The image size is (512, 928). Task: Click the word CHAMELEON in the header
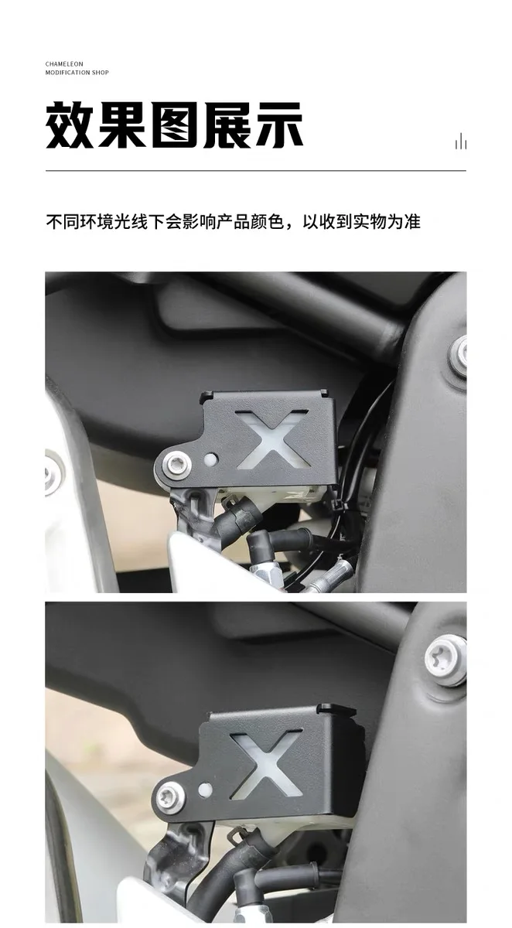(64, 63)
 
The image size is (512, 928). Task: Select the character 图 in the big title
(174, 125)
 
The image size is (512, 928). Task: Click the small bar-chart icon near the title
(461, 142)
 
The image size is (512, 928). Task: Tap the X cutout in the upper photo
(273, 439)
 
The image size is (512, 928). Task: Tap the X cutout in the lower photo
(265, 764)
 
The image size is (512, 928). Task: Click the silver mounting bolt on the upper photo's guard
(177, 466)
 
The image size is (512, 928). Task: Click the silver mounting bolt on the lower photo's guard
(171, 798)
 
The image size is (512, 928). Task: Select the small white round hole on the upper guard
(211, 459)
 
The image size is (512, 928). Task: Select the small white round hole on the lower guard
(205, 790)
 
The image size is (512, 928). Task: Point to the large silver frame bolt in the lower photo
(446, 661)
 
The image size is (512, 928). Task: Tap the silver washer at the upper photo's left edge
(53, 473)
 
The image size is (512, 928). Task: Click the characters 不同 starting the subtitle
(63, 222)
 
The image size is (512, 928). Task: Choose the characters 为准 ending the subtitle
(404, 222)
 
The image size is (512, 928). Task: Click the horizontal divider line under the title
(255, 170)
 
